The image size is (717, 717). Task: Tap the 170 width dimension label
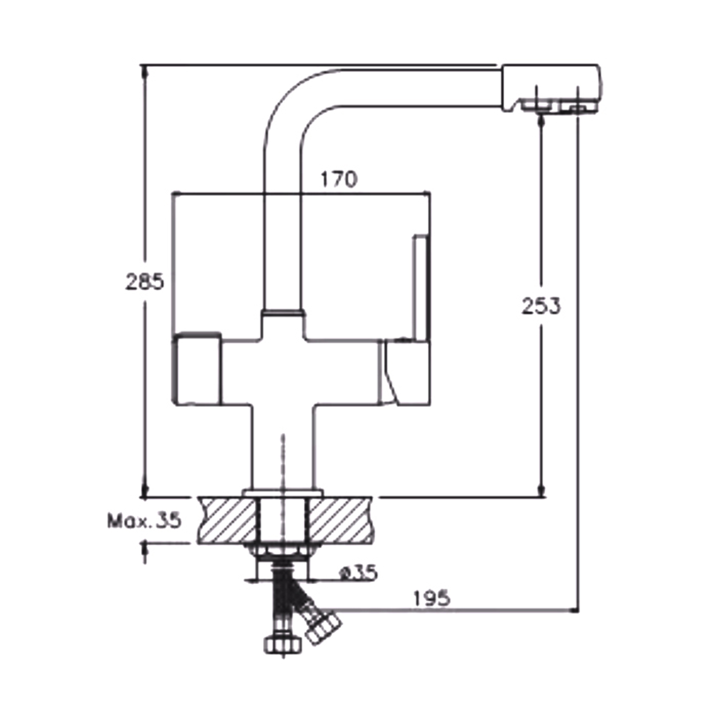[338, 179]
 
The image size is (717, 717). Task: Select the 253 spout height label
[541, 306]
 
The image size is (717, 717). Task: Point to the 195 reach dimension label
[432, 598]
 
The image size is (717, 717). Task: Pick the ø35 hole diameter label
[358, 572]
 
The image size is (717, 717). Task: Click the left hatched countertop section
[228, 520]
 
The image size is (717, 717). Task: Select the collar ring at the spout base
[282, 313]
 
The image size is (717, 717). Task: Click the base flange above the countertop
[283, 493]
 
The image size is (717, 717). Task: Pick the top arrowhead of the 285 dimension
[145, 71]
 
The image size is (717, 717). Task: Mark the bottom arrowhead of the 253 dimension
[541, 490]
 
